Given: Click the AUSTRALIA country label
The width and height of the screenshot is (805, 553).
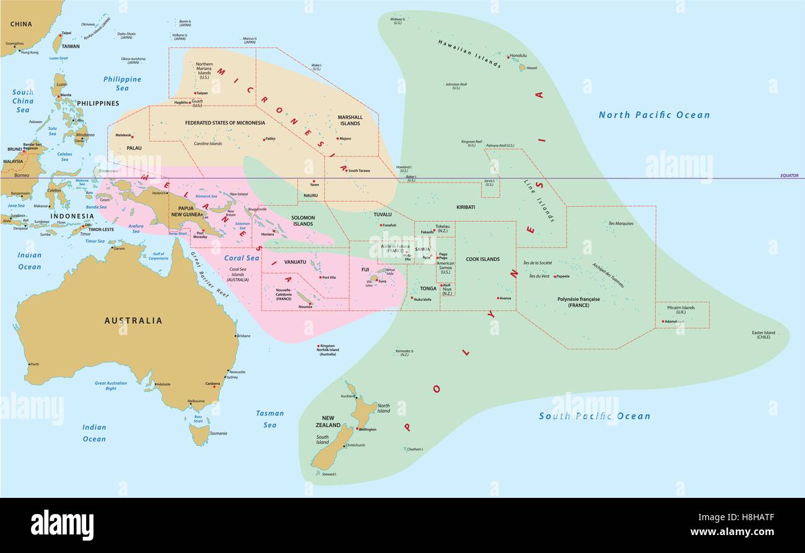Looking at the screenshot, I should [133, 321].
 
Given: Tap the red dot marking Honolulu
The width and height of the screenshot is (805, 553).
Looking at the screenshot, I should [508, 57].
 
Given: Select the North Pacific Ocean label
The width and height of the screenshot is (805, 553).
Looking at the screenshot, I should [654, 115].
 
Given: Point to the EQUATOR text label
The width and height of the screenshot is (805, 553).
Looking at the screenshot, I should [789, 176].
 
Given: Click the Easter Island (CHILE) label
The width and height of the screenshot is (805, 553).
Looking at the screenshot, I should [763, 335].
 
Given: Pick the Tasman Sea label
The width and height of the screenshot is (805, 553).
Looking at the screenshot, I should [270, 419].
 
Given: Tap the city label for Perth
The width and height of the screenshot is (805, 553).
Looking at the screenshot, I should [34, 364].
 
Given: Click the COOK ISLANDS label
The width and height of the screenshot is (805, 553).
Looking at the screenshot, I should [482, 259].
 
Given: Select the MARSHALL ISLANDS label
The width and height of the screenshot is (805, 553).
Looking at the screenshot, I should [350, 120].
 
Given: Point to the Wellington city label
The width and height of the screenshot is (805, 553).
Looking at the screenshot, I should [367, 429].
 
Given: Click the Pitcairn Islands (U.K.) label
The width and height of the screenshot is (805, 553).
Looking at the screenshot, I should [681, 310].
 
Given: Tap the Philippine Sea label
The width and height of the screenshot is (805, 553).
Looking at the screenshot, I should [122, 84].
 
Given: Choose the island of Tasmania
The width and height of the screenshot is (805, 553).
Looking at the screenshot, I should [199, 435].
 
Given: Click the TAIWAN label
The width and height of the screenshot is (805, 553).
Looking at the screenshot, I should [70, 46].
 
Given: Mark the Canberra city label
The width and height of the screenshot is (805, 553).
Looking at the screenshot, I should [212, 385].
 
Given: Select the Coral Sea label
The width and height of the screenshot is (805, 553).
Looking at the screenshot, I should [241, 258].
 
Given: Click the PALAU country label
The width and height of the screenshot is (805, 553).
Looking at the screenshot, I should [134, 148].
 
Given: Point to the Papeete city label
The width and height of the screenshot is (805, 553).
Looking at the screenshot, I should [562, 276].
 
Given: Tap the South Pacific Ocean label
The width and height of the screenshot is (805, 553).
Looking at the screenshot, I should [594, 416].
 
